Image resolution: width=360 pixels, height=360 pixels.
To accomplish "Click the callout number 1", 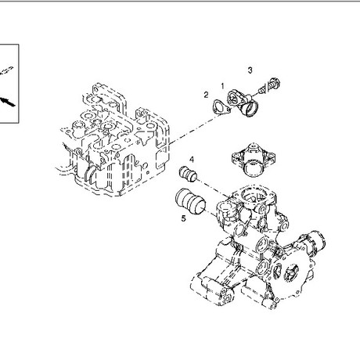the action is [x=222, y=85].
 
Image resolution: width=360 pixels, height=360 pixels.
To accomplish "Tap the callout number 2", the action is [x=206, y=95].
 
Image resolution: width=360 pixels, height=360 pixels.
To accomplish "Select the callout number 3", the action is [x=250, y=70].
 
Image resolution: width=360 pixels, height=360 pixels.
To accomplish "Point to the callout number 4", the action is [x=192, y=160].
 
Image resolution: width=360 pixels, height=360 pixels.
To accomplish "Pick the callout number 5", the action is [x=184, y=218].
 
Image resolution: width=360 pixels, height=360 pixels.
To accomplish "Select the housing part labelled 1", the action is [x=242, y=103].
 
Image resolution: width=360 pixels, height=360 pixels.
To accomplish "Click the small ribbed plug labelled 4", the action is [x=188, y=173].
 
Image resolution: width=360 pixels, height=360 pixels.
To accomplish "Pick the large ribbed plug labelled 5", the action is [x=190, y=201].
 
